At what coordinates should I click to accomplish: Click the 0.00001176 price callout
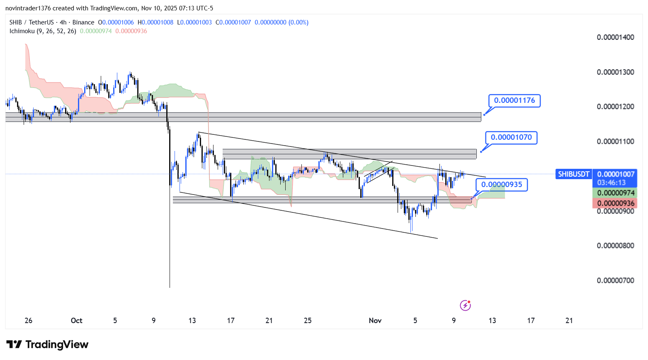coord(515,100)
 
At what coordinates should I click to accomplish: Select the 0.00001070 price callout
coord(511,137)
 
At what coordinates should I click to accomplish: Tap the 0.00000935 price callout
coord(502,185)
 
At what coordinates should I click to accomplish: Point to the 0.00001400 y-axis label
coord(615,37)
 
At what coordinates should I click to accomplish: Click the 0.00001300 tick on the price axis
coord(615,72)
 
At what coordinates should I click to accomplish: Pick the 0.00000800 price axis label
coord(615,246)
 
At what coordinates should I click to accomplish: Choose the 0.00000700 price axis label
coord(615,280)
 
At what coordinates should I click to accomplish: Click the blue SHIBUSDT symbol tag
coord(573,174)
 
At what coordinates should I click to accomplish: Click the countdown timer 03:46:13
coord(612,182)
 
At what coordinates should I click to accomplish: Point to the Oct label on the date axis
coord(76,321)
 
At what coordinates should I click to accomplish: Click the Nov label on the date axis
coord(375,321)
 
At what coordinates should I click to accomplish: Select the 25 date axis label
coord(308,321)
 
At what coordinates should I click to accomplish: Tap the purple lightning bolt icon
coord(465,306)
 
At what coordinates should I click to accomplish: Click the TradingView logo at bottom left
coord(47,345)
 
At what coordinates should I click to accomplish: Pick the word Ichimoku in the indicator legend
coord(22,31)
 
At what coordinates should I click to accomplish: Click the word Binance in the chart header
coord(83,22)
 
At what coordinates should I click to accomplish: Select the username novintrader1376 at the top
coord(28,8)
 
